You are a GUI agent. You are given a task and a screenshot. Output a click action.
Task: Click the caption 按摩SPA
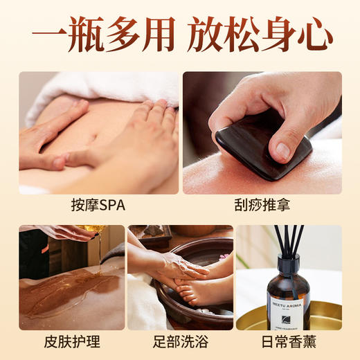98,206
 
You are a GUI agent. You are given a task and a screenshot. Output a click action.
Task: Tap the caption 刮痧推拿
262,206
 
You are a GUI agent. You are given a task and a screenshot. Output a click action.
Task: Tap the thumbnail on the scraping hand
282,150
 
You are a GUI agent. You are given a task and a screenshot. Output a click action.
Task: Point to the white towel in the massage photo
104,87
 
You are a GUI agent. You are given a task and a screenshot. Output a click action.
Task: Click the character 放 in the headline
204,35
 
